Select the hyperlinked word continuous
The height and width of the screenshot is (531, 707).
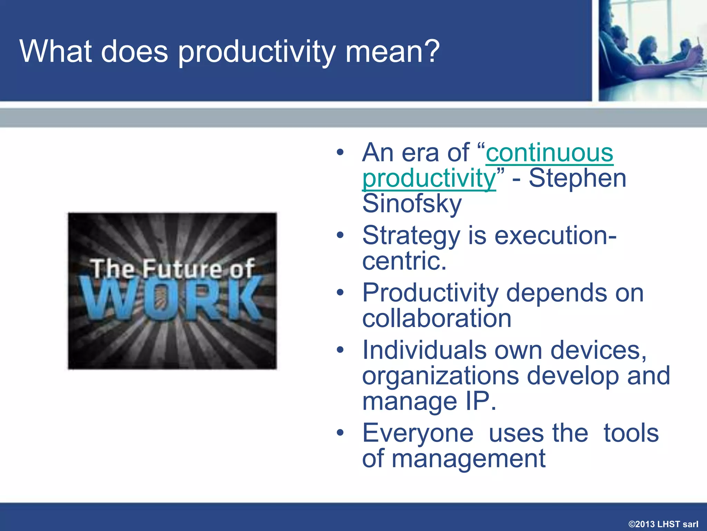point(549,152)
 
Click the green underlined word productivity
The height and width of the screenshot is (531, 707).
point(429,178)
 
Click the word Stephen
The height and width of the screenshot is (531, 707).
point(577,178)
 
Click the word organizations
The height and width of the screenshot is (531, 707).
point(440,376)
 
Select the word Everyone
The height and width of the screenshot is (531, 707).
point(418,433)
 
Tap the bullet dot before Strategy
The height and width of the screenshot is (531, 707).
point(340,235)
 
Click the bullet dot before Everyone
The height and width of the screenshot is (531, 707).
point(340,432)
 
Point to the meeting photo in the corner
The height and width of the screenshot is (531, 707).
point(652,50)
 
